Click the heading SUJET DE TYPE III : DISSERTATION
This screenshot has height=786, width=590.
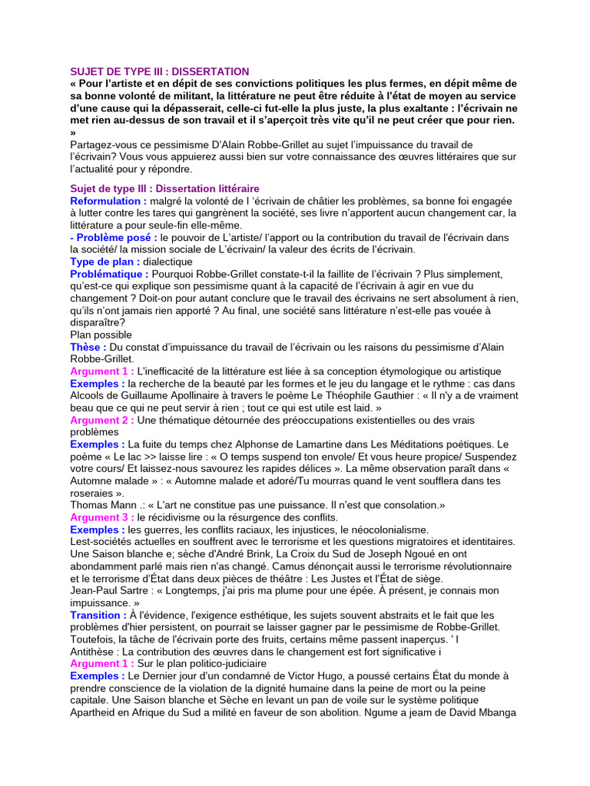[x=160, y=71]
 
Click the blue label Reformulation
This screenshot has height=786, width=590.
[x=108, y=200]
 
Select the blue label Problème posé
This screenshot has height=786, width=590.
[x=114, y=237]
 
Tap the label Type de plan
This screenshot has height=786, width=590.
[x=105, y=262]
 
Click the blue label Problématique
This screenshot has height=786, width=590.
[x=109, y=274]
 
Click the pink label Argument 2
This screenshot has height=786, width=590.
[x=102, y=420]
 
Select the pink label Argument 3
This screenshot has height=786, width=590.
[x=102, y=517]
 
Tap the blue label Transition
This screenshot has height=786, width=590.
[x=98, y=615]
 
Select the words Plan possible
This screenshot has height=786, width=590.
[x=101, y=335]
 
